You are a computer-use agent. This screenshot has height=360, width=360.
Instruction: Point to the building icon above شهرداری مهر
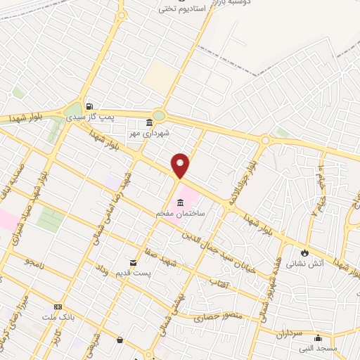tap(148, 122)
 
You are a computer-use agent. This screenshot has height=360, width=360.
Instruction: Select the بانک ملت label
tap(58, 317)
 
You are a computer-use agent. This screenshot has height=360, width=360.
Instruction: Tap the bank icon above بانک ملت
tap(58, 307)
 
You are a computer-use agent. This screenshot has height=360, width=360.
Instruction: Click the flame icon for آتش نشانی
tap(304, 253)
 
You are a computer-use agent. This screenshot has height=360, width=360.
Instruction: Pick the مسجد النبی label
tap(319, 347)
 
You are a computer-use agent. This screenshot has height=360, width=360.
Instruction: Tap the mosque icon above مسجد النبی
tap(319, 337)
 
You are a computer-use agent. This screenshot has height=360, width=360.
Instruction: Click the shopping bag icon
tap(120, 341)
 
